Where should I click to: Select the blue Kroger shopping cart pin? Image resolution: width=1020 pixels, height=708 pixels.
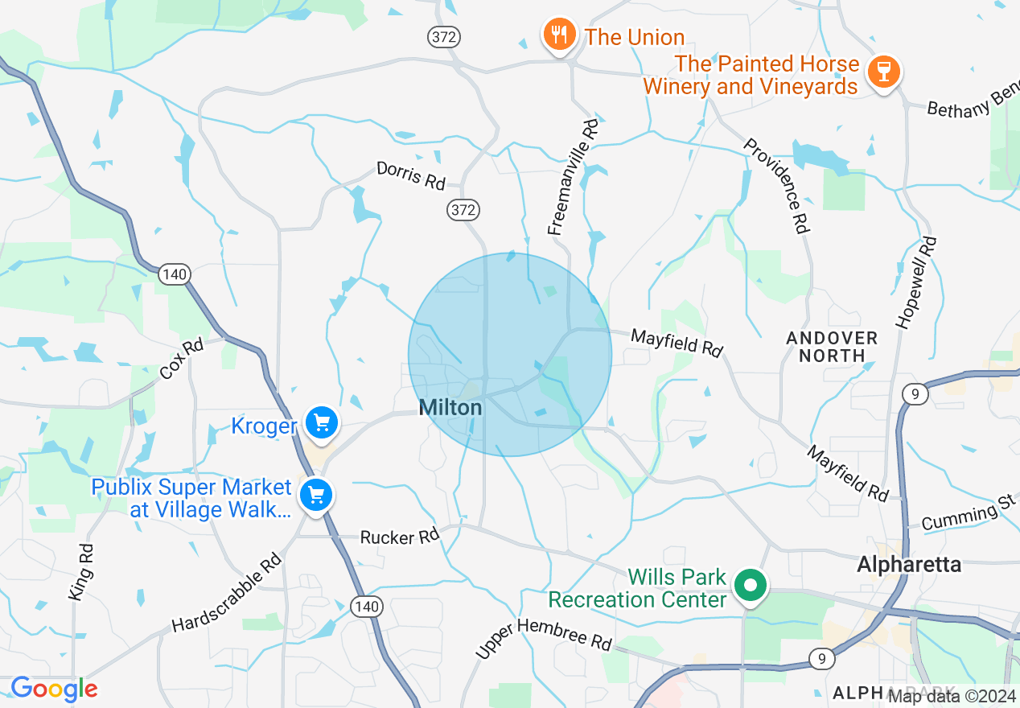point(322,422)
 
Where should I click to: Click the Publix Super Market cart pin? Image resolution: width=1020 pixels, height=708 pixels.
point(316,495)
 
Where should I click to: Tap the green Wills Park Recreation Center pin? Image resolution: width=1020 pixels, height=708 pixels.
point(751,585)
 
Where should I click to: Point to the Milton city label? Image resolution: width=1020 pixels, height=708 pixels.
point(450,408)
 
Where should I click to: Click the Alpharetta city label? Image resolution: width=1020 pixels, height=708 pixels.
point(909,564)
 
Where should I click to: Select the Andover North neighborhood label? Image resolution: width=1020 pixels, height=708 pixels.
point(832,347)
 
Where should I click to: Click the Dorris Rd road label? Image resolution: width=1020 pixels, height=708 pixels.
point(411,175)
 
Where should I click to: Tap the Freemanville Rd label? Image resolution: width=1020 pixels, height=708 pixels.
point(574,178)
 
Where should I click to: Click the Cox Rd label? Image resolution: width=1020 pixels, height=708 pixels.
point(182,360)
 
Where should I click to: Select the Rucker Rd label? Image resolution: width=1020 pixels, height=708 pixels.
point(400,537)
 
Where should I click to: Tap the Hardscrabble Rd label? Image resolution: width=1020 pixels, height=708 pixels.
point(228,592)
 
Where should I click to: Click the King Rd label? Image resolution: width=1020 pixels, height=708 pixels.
point(81,571)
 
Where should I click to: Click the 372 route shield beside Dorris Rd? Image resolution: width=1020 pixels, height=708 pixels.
point(464,211)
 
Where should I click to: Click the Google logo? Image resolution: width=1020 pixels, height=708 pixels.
point(54,689)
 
